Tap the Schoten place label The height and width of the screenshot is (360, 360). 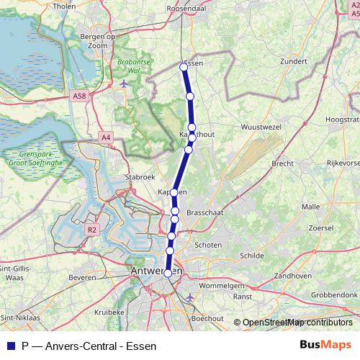tap(208, 245)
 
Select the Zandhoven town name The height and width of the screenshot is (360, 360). tap(292, 276)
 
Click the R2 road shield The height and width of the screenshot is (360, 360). tap(91, 230)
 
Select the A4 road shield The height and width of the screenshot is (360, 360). tap(107, 137)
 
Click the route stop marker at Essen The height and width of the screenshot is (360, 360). tap(183, 67)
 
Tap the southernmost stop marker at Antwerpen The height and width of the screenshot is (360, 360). tap(168, 273)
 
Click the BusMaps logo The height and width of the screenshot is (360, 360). tap(326, 345)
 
